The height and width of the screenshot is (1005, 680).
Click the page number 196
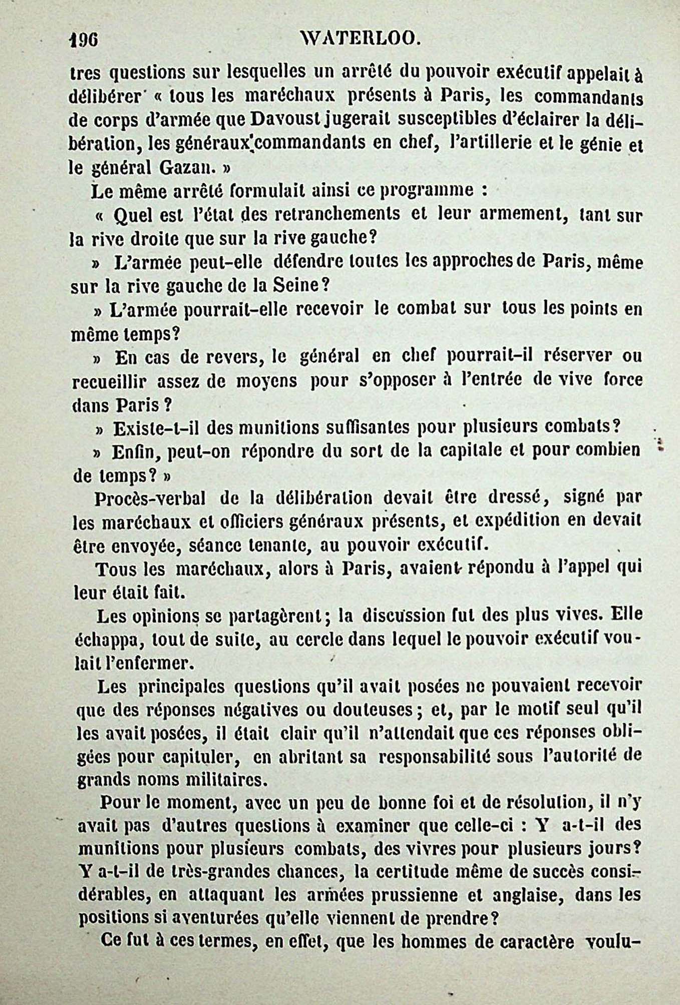84,39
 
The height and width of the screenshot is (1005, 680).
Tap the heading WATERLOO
360,38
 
